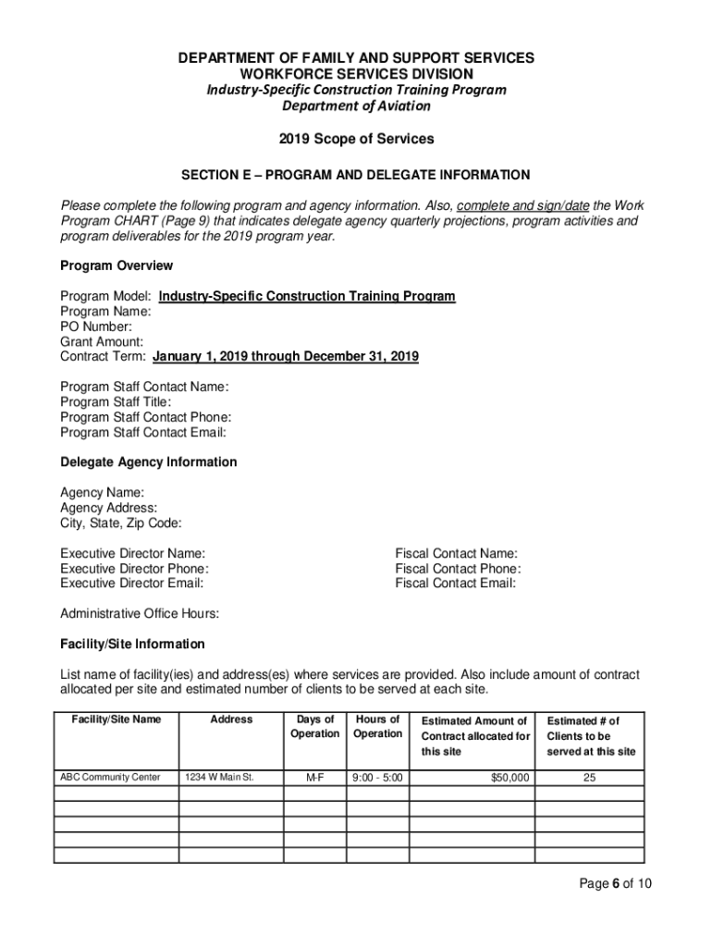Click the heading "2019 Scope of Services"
[x=356, y=140]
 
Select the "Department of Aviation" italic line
[x=356, y=106]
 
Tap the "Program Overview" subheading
[x=117, y=266]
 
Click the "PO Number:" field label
[x=96, y=326]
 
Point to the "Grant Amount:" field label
[x=102, y=341]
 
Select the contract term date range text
[x=286, y=356]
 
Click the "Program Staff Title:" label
[x=116, y=402]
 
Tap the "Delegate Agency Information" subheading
[x=149, y=462]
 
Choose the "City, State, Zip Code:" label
[x=121, y=523]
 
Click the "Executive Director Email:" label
[x=132, y=584]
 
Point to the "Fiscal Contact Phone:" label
[x=458, y=569]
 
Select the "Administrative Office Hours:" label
[x=140, y=614]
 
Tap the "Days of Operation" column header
[x=314, y=727]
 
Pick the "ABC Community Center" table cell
[x=110, y=778]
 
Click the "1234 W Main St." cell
[x=220, y=778]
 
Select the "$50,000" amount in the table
[x=510, y=778]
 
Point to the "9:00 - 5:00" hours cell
[x=377, y=778]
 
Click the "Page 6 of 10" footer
[x=616, y=884]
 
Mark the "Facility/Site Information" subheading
[x=132, y=644]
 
